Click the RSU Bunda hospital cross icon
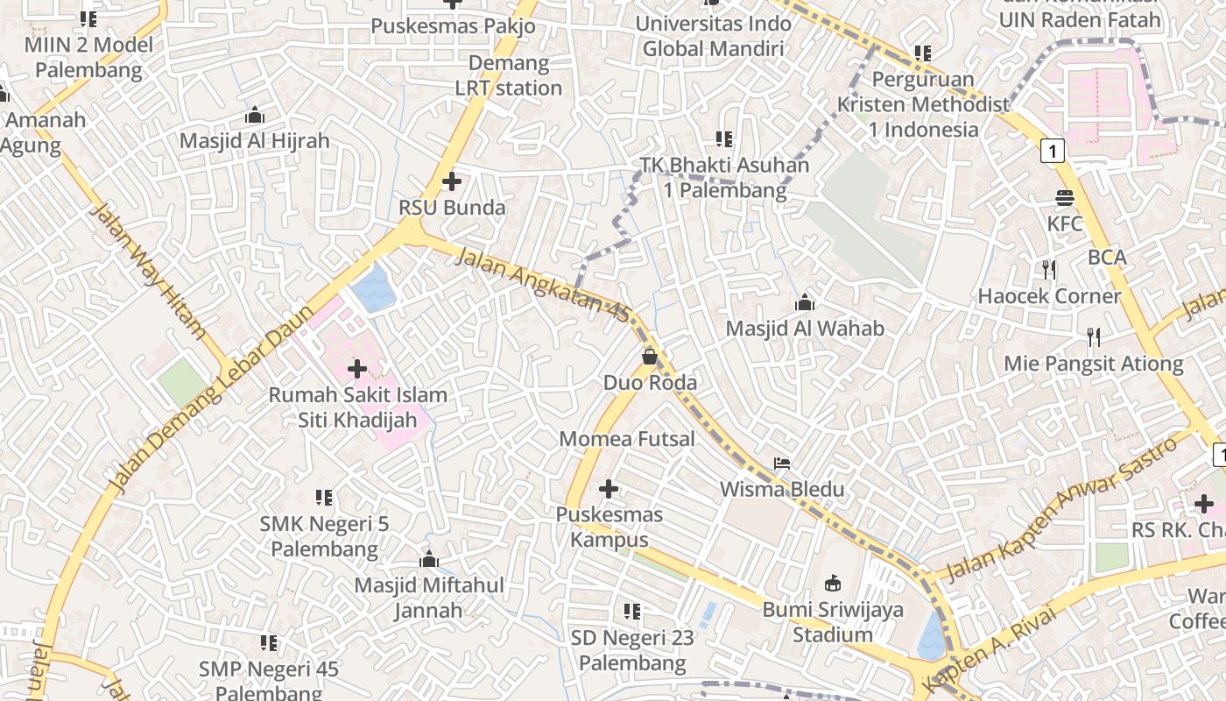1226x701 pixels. pos(452,181)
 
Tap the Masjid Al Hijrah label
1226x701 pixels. pos(255,140)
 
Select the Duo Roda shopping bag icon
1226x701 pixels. pos(650,357)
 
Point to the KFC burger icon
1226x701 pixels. pos(1065,198)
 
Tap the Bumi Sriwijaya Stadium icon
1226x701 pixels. pos(832,583)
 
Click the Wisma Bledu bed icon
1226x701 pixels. pos(782,463)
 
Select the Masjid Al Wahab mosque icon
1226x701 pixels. pos(805,303)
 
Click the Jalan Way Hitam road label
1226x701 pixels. pos(148,271)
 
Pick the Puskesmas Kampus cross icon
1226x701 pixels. pos(609,489)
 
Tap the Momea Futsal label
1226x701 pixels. pos(627,439)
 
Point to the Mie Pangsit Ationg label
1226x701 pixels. pos(1094,364)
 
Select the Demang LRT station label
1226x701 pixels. pos(509,75)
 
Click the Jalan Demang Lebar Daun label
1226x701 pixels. pos(210,399)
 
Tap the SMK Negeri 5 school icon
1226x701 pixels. pos(324,498)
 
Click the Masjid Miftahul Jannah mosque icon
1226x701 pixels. pos(429,559)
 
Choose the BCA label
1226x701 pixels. pos(1107,258)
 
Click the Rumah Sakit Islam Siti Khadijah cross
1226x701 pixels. pos(357,369)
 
